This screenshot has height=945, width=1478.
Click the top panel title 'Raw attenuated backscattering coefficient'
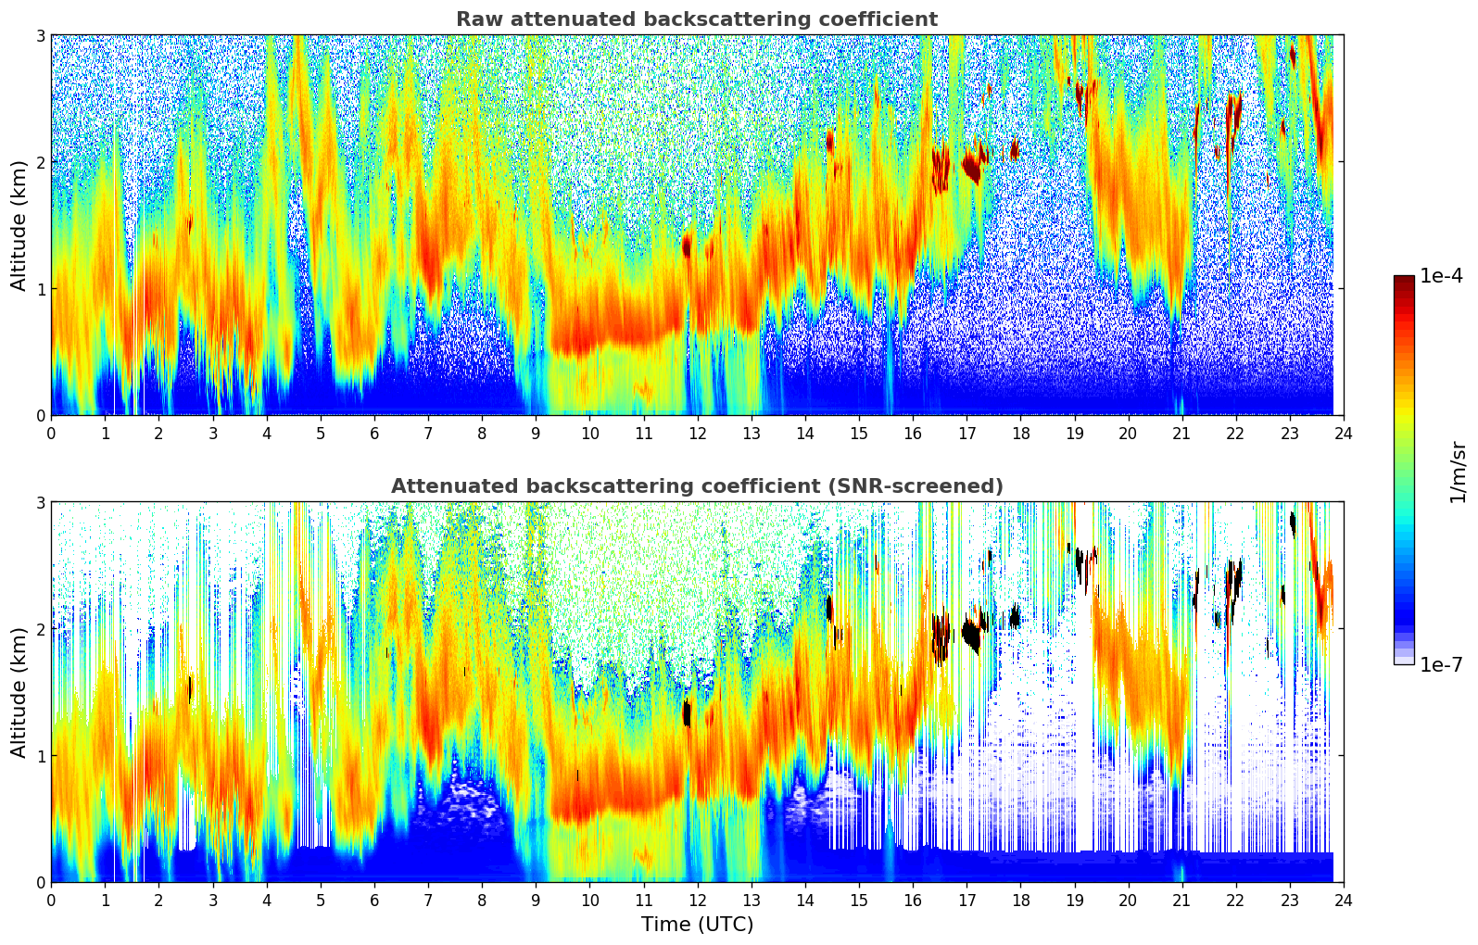click(x=696, y=19)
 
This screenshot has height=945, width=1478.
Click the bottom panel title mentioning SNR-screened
click(x=696, y=486)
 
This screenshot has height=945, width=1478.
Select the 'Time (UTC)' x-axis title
click(x=697, y=925)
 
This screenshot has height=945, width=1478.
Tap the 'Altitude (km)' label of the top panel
click(x=19, y=225)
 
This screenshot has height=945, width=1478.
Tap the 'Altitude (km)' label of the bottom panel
click(x=19, y=692)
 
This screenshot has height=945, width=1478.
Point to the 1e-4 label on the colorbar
click(x=1441, y=276)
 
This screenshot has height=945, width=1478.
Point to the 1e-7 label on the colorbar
click(x=1441, y=664)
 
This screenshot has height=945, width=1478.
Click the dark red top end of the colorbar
click(x=1404, y=280)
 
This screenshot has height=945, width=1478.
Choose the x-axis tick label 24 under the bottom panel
click(x=1343, y=901)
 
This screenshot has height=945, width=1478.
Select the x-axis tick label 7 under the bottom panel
click(x=428, y=901)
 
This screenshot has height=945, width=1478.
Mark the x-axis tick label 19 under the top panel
click(x=1074, y=434)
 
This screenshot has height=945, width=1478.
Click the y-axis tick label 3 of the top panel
click(x=41, y=35)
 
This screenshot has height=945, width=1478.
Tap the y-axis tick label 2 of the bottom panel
click(x=41, y=629)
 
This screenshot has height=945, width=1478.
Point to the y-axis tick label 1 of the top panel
click(x=41, y=289)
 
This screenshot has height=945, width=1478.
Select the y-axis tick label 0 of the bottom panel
click(x=41, y=882)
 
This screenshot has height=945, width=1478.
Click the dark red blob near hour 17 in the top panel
click(x=971, y=169)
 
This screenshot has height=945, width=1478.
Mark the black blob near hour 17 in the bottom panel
click(x=971, y=636)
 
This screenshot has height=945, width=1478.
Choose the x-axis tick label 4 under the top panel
click(x=267, y=434)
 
